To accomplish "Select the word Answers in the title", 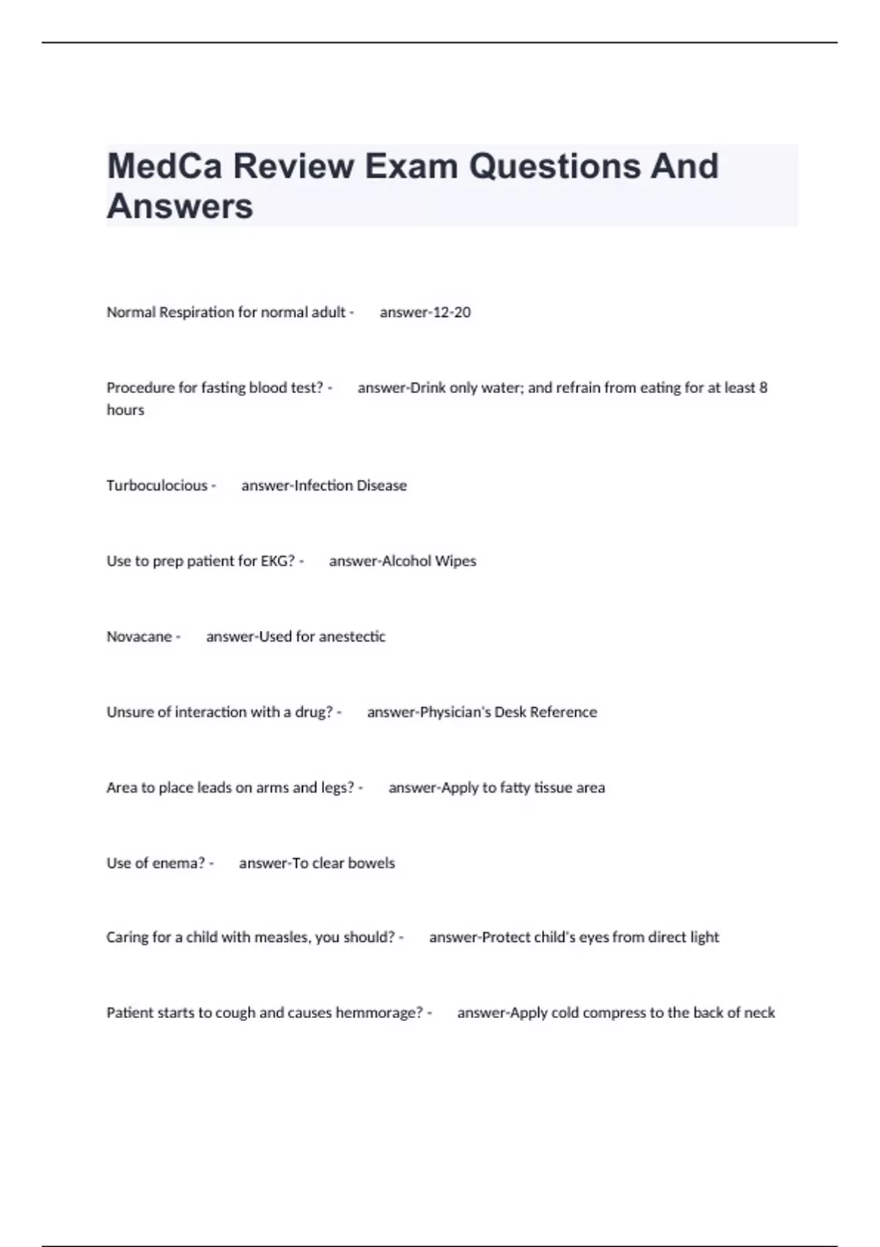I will [x=180, y=206].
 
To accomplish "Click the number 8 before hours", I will [x=763, y=387].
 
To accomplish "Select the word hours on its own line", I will [x=125, y=410].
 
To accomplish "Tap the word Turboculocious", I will [x=157, y=486].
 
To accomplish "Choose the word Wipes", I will [x=455, y=561].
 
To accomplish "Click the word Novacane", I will [x=139, y=637].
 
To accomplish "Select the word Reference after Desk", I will [x=563, y=712].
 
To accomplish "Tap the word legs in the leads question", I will [x=337, y=788].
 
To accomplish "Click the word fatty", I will [x=516, y=788].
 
